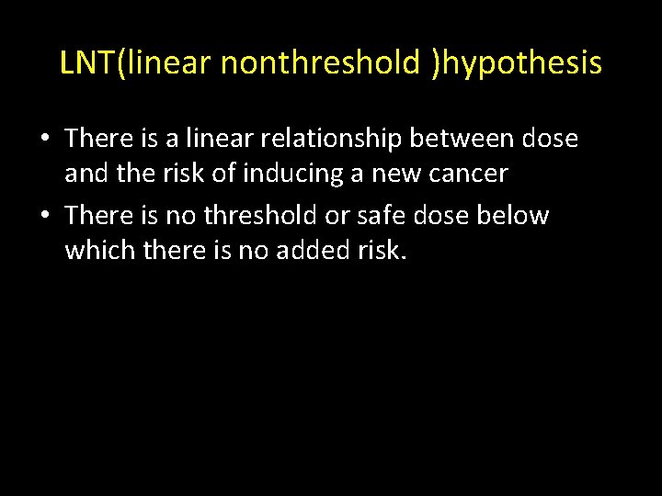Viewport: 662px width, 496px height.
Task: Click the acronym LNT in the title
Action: click(x=88, y=62)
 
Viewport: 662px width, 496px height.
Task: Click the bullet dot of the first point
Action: click(x=44, y=140)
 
